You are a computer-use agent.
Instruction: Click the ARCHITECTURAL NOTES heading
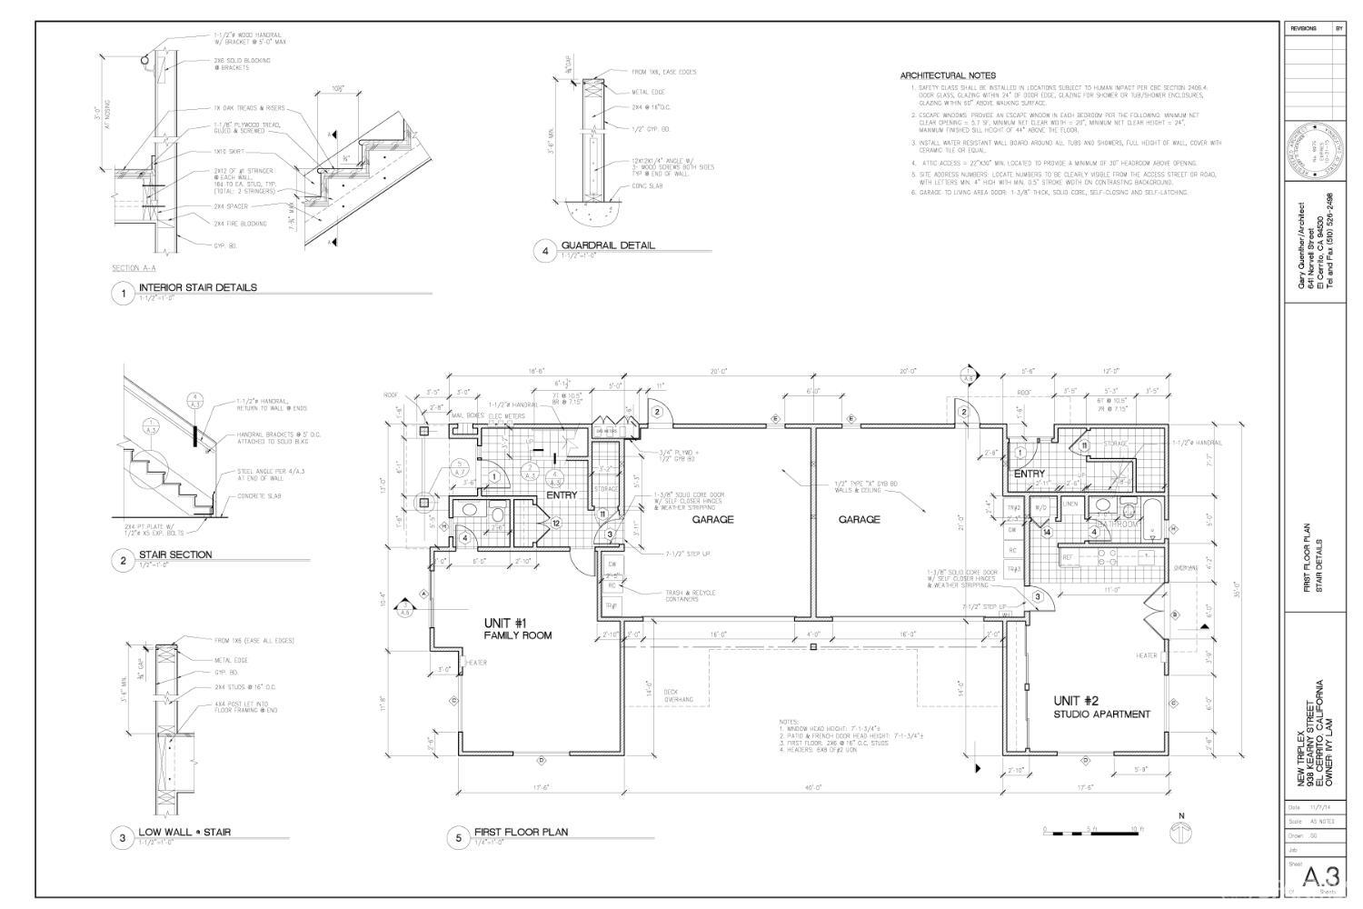click(x=947, y=75)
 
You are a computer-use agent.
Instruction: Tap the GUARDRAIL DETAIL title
click(x=607, y=245)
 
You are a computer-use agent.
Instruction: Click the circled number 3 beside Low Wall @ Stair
click(x=123, y=838)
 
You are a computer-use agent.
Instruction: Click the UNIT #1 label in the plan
click(x=505, y=623)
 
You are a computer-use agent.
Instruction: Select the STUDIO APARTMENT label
click(x=1101, y=714)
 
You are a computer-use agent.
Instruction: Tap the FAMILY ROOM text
click(x=517, y=636)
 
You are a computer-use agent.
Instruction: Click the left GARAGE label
click(x=712, y=520)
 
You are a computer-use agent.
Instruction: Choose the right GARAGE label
click(x=859, y=520)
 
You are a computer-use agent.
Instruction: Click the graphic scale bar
click(x=1087, y=829)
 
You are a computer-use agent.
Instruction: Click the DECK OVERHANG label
click(x=678, y=695)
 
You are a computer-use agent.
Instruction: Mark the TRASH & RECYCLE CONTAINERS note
click(x=690, y=596)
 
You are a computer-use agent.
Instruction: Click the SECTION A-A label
click(x=134, y=268)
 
